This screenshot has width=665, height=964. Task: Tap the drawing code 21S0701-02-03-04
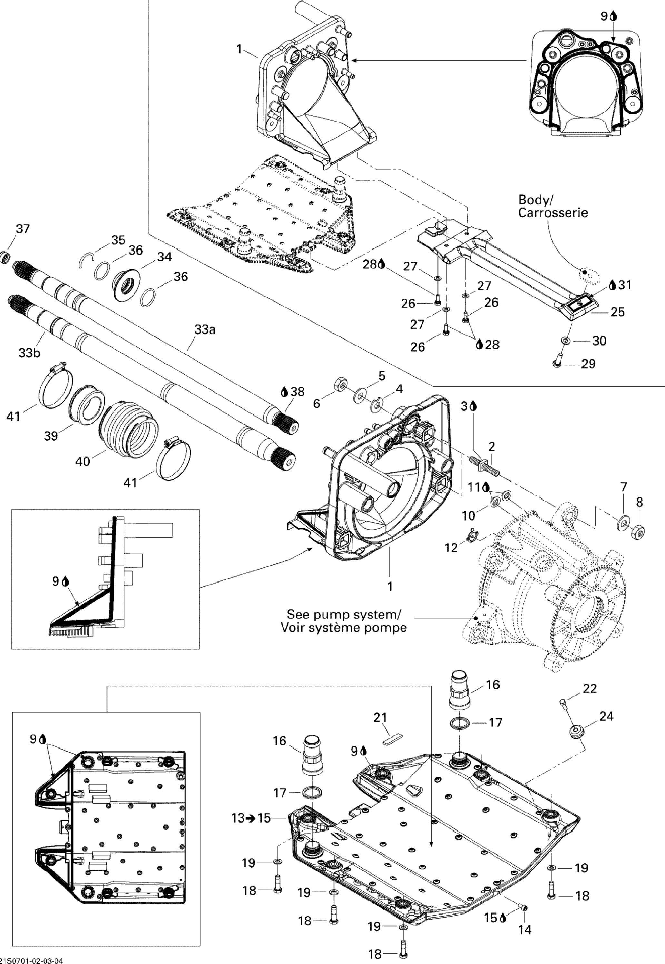(33, 960)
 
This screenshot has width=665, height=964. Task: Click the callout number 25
(618, 312)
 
